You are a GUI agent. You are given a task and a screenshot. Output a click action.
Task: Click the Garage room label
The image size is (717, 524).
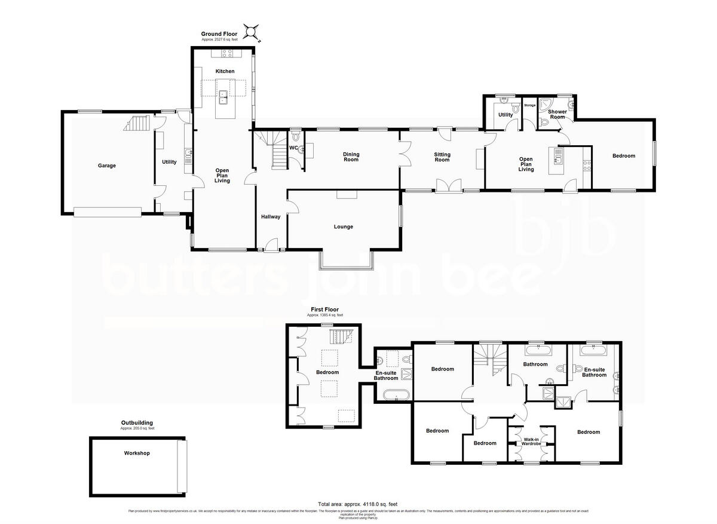point(107,166)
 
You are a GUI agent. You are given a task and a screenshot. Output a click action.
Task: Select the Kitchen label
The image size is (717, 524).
point(225,71)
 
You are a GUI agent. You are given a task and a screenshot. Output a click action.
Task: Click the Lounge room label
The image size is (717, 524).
point(343,226)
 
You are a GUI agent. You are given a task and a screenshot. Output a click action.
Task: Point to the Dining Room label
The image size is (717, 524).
point(351,157)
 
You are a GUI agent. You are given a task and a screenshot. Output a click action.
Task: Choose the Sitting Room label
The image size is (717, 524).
point(442,157)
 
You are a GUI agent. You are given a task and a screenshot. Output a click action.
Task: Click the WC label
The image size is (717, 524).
point(293,148)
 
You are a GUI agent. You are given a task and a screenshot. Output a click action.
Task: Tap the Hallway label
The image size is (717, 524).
point(270,216)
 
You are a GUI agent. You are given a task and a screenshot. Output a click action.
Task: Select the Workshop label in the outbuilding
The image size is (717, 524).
point(137,453)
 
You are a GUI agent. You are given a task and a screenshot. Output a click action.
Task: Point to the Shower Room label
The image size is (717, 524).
point(556,114)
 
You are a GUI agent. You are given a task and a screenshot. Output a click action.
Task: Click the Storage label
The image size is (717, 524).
point(529,105)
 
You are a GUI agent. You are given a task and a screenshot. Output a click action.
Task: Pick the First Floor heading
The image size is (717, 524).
point(324,310)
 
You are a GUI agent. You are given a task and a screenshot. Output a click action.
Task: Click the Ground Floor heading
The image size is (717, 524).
point(219,34)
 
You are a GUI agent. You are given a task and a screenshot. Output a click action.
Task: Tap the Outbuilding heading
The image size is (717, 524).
point(137,422)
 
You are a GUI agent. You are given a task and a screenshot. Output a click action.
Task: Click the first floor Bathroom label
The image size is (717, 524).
point(535,364)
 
